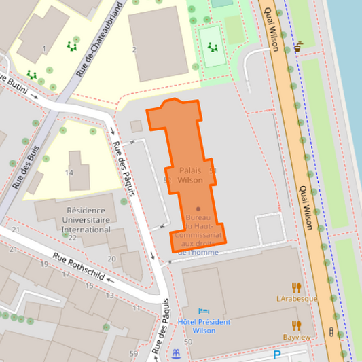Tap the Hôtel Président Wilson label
203,326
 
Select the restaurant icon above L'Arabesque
296,287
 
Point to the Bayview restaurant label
297,337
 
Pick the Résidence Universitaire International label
86,220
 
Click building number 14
69,173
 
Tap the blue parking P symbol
276,355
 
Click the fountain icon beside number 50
177,353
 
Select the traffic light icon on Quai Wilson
331,331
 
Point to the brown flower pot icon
298,48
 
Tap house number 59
134,354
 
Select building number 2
134,50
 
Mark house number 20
111,259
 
